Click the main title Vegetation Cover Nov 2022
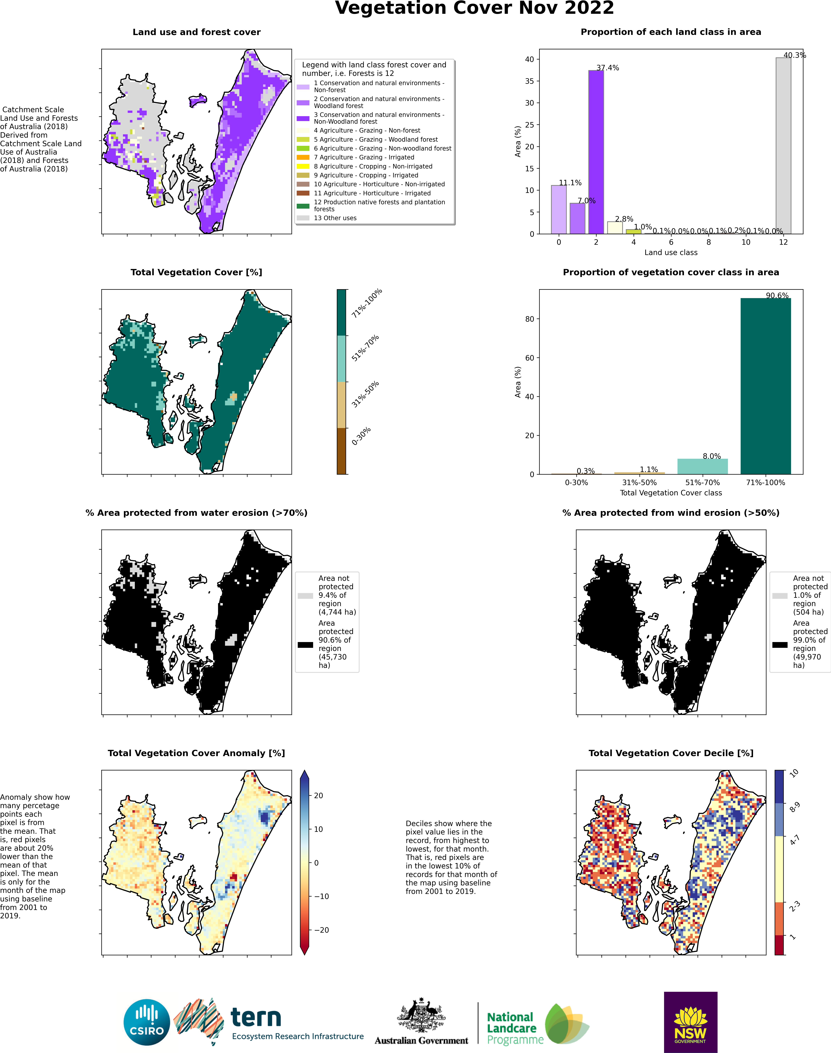(x=474, y=8)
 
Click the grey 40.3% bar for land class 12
(x=783, y=146)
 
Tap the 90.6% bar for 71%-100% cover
(x=766, y=386)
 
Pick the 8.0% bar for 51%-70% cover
(x=703, y=466)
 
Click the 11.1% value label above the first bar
(x=570, y=183)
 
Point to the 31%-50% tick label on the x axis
(x=639, y=482)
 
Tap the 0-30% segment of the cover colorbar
(x=342, y=451)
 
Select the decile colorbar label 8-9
(x=795, y=807)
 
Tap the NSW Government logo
(x=690, y=1022)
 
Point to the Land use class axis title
(x=671, y=252)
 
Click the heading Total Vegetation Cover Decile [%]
(x=671, y=753)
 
